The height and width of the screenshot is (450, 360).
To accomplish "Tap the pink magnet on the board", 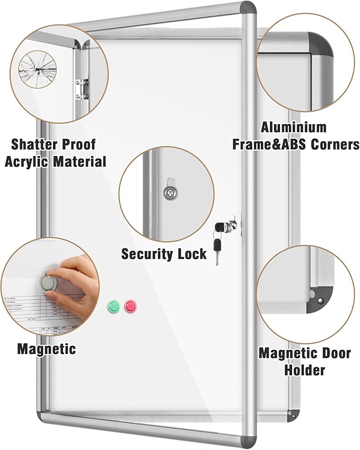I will point(130,306).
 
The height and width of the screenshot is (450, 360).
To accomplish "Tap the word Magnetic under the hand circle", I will point(46,349).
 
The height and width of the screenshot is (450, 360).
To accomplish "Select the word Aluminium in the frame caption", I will point(293,127).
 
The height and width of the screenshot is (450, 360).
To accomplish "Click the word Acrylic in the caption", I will point(25,161).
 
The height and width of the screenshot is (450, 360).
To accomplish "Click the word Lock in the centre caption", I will point(190,254).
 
